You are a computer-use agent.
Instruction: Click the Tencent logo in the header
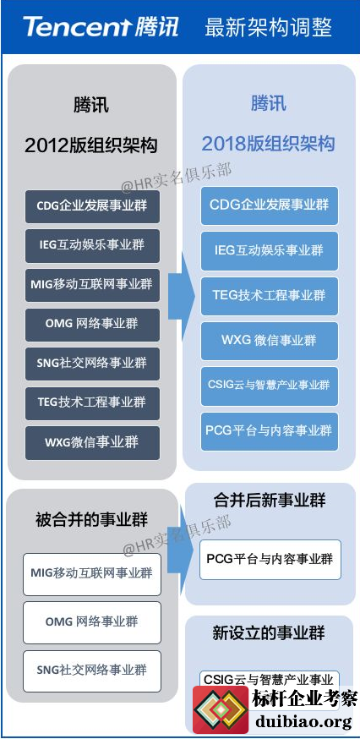click(x=101, y=26)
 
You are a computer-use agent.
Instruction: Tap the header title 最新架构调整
click(x=268, y=27)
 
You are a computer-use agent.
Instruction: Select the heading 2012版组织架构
click(x=91, y=145)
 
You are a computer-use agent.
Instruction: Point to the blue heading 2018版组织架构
click(x=268, y=143)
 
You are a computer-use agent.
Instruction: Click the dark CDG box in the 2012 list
click(x=92, y=206)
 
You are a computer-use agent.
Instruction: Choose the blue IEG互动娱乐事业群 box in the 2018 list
click(x=270, y=251)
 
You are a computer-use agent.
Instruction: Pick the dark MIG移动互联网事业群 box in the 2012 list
click(x=92, y=285)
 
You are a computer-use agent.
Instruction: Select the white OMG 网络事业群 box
click(x=92, y=622)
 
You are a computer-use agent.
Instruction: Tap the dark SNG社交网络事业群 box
click(x=92, y=364)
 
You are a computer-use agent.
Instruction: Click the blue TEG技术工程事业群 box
click(x=270, y=296)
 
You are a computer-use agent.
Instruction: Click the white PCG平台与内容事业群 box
click(x=270, y=560)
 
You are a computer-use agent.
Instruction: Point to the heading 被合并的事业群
click(x=92, y=520)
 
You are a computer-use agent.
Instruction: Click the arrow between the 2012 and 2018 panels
click(x=181, y=297)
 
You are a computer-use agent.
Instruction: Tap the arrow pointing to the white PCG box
click(x=181, y=550)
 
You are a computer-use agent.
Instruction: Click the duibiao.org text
click(x=303, y=721)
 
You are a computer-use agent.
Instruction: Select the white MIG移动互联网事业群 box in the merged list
click(x=92, y=574)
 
